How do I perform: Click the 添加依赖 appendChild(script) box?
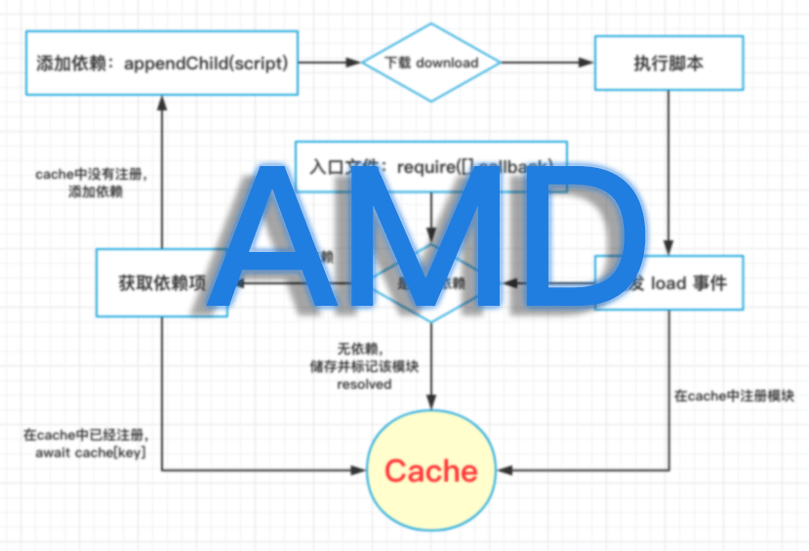[x=162, y=64]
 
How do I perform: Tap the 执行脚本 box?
[x=668, y=64]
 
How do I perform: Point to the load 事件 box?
[x=683, y=283]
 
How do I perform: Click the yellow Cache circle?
[x=430, y=471]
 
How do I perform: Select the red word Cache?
[x=430, y=471]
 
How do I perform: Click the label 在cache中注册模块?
[x=734, y=397]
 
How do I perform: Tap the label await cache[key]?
[x=90, y=453]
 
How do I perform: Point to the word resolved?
[x=364, y=384]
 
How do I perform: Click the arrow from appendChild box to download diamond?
[x=330, y=64]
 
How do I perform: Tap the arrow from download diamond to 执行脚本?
[x=547, y=64]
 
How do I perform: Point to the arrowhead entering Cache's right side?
[x=504, y=471]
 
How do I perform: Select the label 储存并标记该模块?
[x=364, y=366]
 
